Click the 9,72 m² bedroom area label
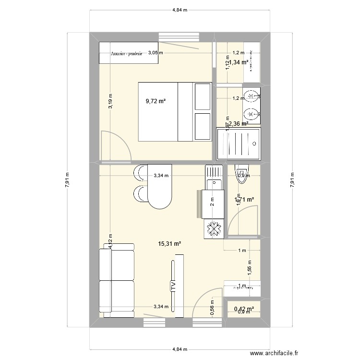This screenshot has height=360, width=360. coord(156,101)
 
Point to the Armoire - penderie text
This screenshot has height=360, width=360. coord(126,54)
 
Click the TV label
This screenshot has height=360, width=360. coord(173,287)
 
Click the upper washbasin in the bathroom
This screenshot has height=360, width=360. coord(252,96)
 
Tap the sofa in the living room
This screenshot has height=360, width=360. coord(117,280)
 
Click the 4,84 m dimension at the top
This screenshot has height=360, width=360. coord(180,10)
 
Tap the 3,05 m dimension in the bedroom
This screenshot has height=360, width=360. coord(155,53)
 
